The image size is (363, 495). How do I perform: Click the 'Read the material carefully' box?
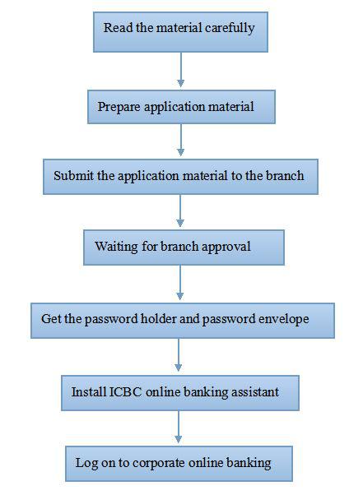tap(180, 32)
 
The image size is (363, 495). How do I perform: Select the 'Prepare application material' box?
tap(181, 107)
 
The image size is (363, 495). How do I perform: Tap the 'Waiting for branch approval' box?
tap(184, 247)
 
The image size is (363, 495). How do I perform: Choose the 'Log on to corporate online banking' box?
tap(179, 464)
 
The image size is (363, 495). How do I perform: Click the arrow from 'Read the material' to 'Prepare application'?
tap(181, 70)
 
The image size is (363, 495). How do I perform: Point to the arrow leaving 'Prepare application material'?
tap(181, 140)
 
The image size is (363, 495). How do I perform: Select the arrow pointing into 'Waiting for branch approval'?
tap(180, 210)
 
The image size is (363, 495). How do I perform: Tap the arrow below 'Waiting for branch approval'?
tap(179, 282)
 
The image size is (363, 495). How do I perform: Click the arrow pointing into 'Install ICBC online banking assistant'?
tap(178, 354)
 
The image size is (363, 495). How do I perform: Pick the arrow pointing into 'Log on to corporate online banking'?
tap(178, 427)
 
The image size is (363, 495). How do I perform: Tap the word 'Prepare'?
tap(119, 107)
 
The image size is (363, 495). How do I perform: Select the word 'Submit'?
tap(74, 175)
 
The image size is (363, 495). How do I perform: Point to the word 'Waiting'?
tap(116, 247)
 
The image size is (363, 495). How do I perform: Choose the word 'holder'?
tap(159, 318)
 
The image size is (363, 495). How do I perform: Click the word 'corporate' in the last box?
tap(159, 464)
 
